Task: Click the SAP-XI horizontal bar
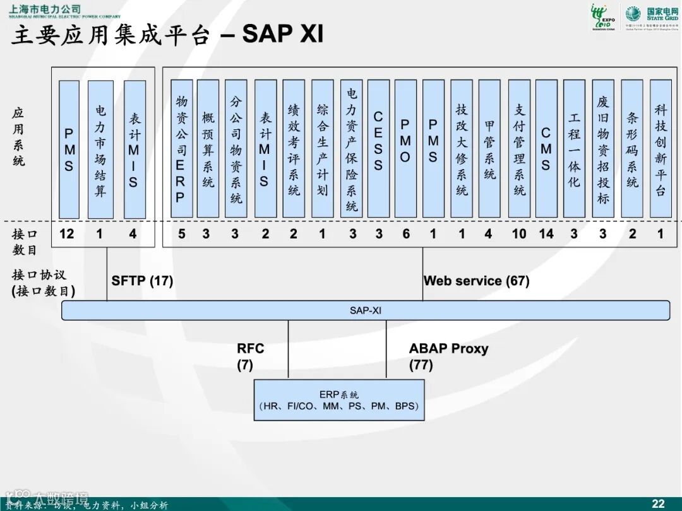[366, 310]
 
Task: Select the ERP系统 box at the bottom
[339, 400]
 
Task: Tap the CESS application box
[378, 149]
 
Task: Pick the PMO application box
[405, 149]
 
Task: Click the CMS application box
[546, 149]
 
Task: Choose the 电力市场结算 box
[100, 150]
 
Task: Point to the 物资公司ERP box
[181, 149]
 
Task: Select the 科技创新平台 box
[661, 149]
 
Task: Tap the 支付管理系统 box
[519, 149]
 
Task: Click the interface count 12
[67, 235]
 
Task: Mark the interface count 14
[546, 235]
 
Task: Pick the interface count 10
[519, 235]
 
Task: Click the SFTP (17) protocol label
[142, 281]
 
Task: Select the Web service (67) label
[476, 281]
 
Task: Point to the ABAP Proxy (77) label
[448, 356]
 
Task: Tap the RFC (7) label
[250, 356]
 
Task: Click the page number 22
[658, 503]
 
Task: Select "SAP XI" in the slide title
[282, 34]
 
